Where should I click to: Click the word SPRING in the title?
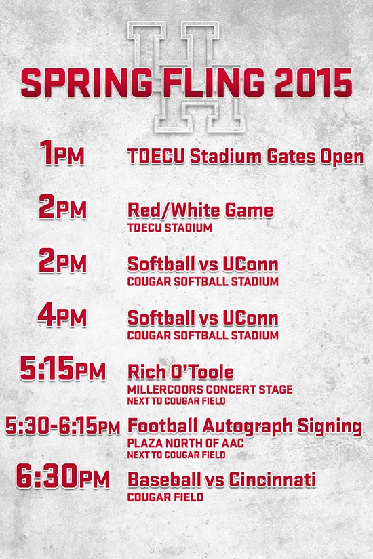click(87, 83)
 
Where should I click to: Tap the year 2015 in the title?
click(314, 83)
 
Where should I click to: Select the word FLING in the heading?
click(214, 83)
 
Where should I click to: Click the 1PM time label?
click(62, 152)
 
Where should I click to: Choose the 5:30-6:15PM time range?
click(63, 426)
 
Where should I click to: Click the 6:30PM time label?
click(63, 476)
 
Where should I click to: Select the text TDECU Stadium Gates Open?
click(246, 157)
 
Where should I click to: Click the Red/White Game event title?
click(200, 210)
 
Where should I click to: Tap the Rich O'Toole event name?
click(180, 372)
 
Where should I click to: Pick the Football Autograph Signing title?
click(245, 426)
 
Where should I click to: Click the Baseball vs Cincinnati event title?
click(222, 480)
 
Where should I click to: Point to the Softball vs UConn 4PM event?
click(203, 318)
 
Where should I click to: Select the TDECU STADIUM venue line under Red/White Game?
click(170, 228)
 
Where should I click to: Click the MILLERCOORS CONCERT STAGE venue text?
click(210, 390)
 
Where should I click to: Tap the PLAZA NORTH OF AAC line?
click(186, 444)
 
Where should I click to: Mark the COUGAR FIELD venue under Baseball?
click(165, 497)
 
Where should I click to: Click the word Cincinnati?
click(273, 480)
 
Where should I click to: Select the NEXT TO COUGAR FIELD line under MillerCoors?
click(176, 401)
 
